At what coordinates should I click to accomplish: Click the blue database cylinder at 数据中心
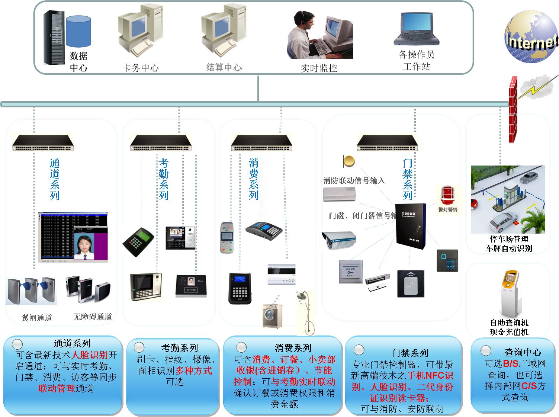pos(78,32)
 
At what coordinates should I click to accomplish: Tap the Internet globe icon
pos(531,37)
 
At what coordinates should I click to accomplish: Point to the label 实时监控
pos(319,68)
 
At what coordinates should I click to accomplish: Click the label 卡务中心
pos(140,68)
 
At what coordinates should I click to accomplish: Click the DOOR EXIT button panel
pos(350,272)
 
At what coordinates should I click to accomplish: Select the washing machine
pos(272,316)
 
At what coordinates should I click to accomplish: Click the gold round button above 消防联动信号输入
pos(349,161)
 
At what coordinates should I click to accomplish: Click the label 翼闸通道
pos(36,318)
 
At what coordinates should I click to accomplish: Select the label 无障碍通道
pos(92,317)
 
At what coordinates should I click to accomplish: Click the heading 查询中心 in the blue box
pos(523,352)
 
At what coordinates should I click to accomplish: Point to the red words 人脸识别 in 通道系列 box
pos(89,355)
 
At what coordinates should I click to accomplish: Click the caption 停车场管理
pos(509,239)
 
